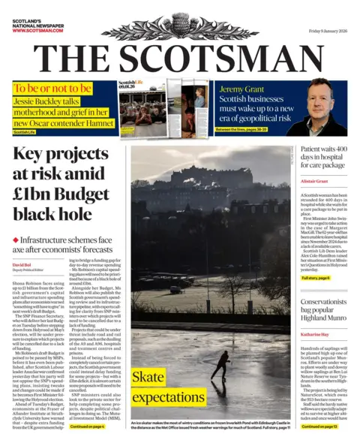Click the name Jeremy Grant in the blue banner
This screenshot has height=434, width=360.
click(x=244, y=89)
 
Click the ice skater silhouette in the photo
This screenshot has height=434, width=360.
click(x=221, y=366)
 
